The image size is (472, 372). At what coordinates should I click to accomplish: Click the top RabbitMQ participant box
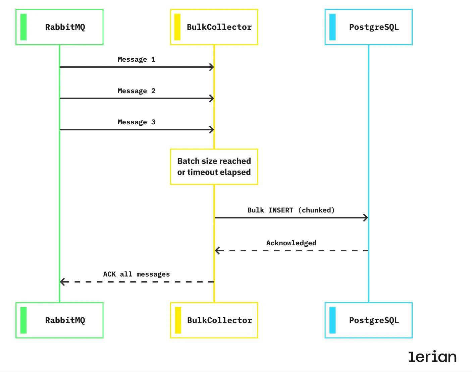coord(59,27)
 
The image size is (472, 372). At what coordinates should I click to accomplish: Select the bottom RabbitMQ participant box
coord(59,320)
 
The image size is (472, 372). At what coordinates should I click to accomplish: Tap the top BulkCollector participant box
coord(214,27)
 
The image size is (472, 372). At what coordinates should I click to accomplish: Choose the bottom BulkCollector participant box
coord(214,320)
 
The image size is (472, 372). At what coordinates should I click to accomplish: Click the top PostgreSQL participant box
coord(368,27)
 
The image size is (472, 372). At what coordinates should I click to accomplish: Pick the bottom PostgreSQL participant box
coord(368,320)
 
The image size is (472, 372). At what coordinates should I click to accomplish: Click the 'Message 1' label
coord(137,60)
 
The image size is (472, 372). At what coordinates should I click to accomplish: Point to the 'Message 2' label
coord(137,91)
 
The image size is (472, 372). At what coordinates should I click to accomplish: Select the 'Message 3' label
coord(137,122)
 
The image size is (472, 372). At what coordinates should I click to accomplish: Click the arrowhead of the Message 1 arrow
coord(212,67)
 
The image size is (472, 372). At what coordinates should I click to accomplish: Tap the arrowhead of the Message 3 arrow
coord(212,130)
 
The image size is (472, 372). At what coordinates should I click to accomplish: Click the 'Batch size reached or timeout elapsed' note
coord(214,167)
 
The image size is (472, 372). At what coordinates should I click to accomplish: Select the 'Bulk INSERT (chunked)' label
coord(291,210)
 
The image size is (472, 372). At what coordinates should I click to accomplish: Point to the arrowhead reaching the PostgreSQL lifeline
coord(366,218)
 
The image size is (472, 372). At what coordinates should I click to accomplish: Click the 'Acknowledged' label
coord(291,243)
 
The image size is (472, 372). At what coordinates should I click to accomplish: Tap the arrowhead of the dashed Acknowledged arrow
coord(217,250)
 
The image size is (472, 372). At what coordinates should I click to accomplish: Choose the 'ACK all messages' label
coord(137,274)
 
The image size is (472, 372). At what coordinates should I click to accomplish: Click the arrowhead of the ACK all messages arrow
coord(62,282)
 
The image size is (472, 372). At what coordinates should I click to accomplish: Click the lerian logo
coord(432,357)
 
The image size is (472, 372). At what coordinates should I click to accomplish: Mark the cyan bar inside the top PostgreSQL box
coord(332,27)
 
